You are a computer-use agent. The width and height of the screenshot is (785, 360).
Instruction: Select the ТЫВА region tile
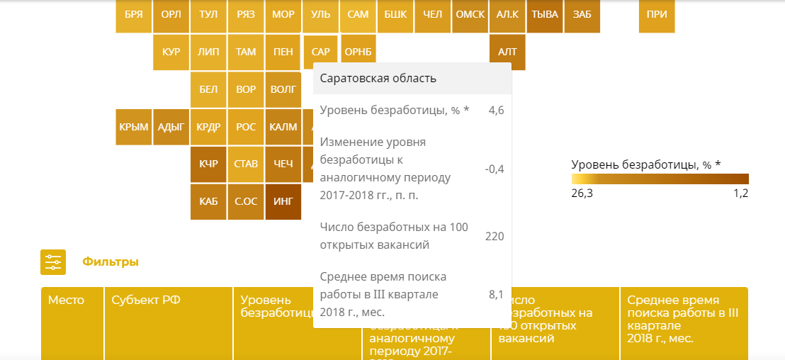coord(545,15)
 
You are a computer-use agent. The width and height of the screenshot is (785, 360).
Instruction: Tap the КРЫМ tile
coord(133,128)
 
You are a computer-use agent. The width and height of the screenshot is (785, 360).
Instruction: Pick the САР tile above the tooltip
coord(320,52)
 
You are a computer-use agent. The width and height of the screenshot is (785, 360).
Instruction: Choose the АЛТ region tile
coord(507,52)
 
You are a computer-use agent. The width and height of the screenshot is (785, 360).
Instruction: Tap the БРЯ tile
coord(133,15)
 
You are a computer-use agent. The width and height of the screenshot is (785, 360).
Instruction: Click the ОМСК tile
coord(470,15)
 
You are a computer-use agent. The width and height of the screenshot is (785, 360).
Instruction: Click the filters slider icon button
coord(53,262)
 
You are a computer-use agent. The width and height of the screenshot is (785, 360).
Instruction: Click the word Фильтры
coord(111,262)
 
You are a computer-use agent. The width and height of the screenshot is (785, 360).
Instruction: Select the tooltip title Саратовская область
coord(378,78)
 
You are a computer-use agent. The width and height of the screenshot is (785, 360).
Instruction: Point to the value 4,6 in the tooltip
coord(496,111)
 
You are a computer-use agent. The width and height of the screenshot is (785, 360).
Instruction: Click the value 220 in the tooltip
coord(494,236)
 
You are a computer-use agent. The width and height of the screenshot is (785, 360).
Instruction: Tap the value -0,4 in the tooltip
coord(495,169)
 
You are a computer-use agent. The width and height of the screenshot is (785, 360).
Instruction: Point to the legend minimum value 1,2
coord(740,193)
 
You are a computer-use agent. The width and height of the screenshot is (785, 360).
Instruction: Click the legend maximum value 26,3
coord(582,193)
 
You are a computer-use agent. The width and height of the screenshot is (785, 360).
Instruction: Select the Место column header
coord(66,300)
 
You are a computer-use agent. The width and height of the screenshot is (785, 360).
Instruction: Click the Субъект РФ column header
coord(146,300)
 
